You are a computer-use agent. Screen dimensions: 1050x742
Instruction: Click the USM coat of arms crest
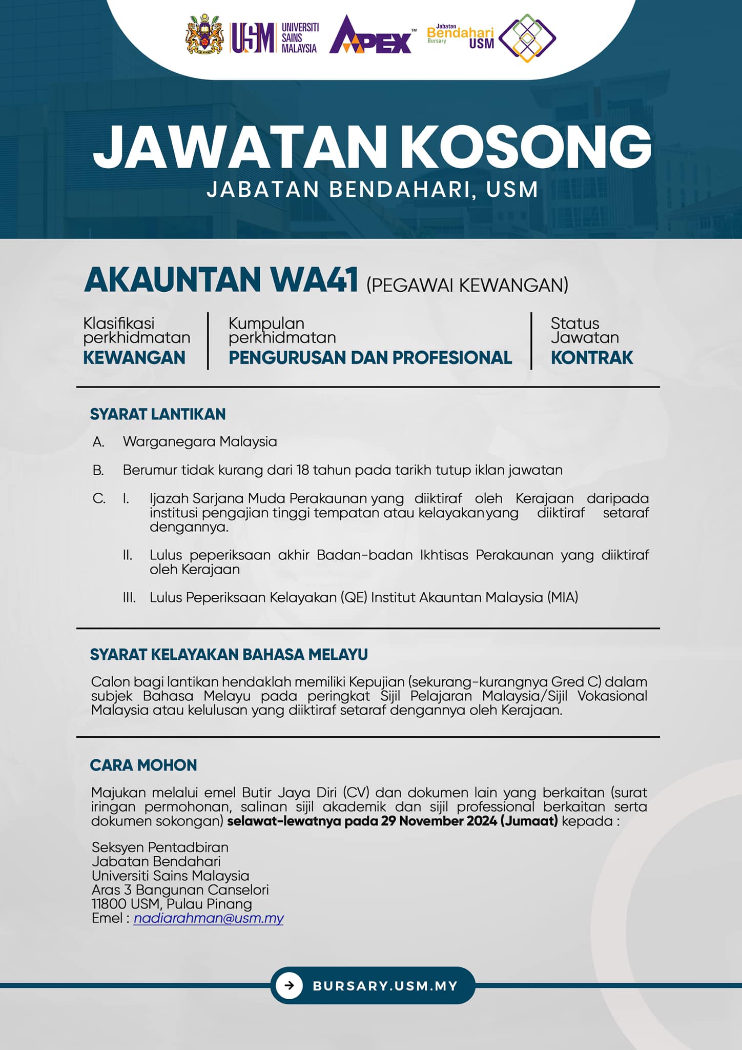(204, 34)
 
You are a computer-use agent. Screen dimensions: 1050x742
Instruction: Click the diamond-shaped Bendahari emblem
(527, 38)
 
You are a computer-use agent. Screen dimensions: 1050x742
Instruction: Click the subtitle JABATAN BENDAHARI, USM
(372, 189)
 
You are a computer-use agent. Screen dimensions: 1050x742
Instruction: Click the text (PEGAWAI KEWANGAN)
(467, 285)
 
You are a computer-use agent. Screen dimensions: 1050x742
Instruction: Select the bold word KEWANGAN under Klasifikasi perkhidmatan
(134, 357)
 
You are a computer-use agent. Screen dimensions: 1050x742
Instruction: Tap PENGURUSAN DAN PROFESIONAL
(370, 357)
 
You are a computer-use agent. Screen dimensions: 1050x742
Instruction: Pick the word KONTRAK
(592, 357)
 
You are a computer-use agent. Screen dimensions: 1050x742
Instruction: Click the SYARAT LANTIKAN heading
(158, 414)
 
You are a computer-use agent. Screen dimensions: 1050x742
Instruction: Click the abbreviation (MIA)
(563, 597)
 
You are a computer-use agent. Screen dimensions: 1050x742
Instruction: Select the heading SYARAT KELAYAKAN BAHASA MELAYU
(229, 655)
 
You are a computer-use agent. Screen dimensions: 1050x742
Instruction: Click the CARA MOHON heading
(143, 765)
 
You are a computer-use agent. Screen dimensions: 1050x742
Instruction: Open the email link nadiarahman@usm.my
(209, 918)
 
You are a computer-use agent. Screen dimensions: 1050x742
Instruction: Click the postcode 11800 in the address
(109, 904)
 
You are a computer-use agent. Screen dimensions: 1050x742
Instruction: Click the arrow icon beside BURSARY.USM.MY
(290, 985)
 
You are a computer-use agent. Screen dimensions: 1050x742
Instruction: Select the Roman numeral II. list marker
(128, 555)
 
